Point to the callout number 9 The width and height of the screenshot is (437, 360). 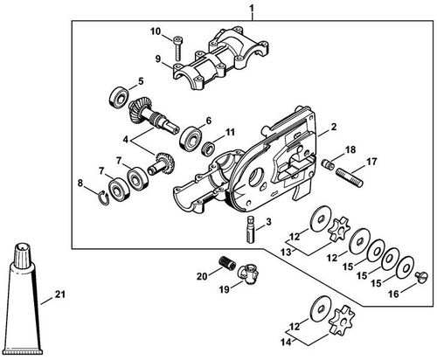[158, 59]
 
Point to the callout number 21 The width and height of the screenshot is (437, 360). [59, 294]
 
